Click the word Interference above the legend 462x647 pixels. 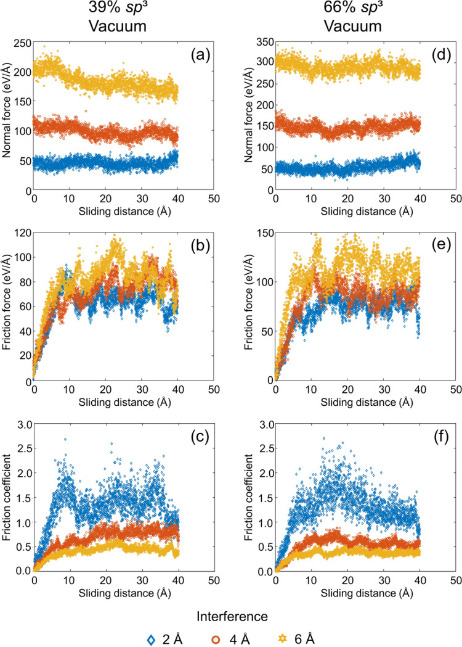230,612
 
